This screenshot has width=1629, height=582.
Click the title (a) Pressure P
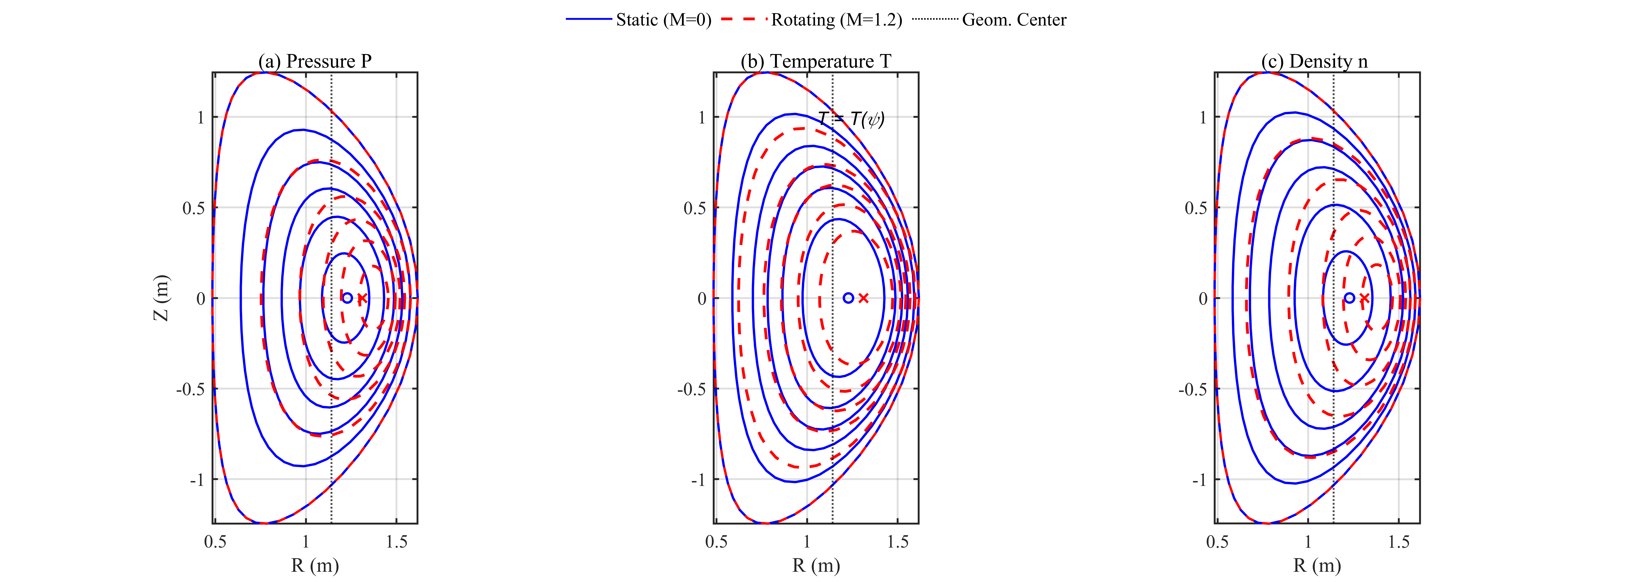315,61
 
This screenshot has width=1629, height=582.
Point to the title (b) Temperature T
816,61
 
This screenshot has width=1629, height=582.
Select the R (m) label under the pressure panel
315,565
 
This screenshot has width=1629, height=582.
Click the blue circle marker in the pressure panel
347,298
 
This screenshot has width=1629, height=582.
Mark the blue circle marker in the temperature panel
849,298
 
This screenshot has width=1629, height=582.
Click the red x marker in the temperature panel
864,298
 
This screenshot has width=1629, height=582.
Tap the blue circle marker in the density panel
1350,298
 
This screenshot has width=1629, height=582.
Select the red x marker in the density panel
1365,298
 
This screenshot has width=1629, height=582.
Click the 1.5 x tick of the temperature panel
897,542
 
